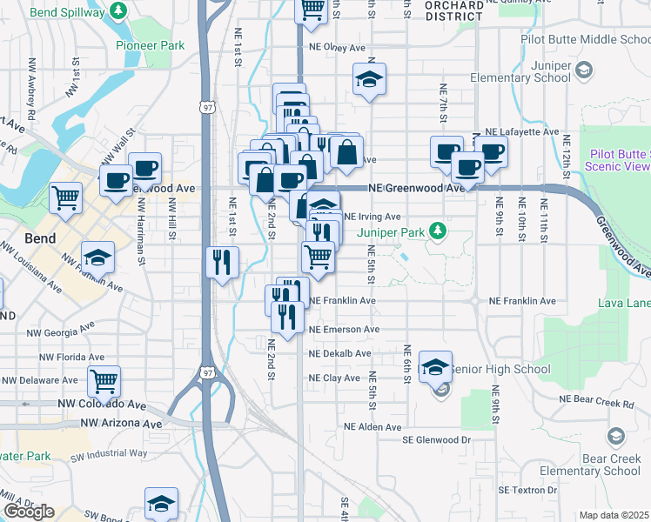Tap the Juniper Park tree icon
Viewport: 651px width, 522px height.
point(440,231)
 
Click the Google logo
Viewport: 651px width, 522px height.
point(29,512)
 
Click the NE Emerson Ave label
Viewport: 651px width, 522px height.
point(345,330)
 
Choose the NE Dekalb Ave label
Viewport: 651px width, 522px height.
point(340,354)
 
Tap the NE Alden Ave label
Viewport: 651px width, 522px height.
point(372,427)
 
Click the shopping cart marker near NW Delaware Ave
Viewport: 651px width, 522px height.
point(104,381)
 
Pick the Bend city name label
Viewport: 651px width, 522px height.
point(40,238)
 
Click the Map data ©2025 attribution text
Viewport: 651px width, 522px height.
point(614,515)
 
